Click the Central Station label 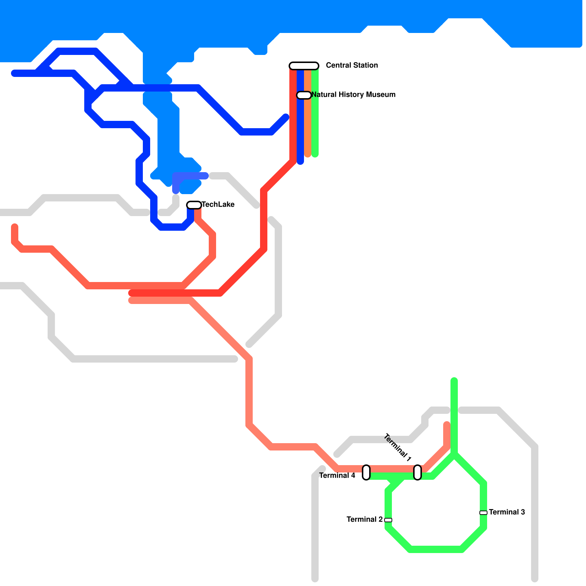352,65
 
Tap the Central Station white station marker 304,66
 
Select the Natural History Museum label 353,94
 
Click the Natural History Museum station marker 304,95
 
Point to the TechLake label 218,204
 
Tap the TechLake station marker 194,205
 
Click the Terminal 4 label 337,475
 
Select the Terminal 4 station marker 366,472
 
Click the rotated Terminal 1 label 398,447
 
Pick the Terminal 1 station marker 418,472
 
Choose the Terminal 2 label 364,519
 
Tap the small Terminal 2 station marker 388,520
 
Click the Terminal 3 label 507,512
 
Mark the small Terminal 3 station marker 483,513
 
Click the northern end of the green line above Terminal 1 454,381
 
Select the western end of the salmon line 15,227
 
